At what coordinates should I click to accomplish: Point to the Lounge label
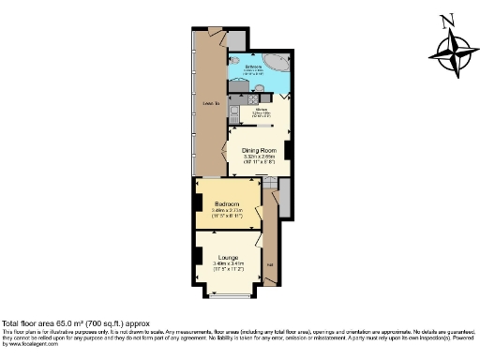tap(228, 257)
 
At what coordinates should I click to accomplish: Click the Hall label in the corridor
tap(271, 265)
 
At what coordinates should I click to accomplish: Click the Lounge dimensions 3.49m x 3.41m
tap(228, 266)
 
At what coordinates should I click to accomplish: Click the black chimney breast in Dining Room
tap(288, 150)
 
